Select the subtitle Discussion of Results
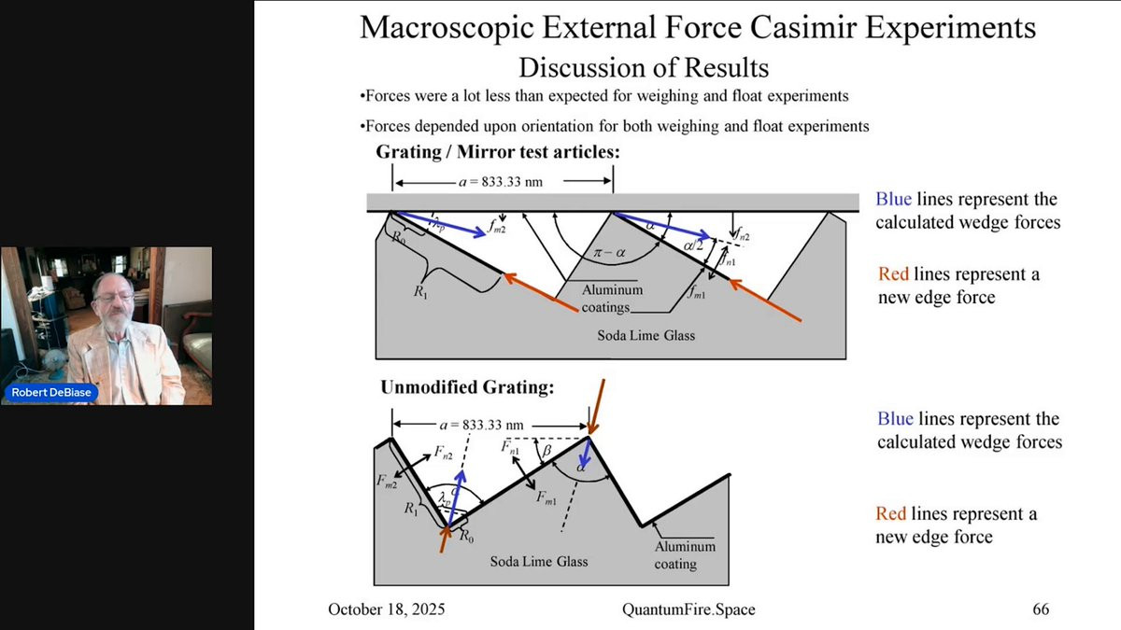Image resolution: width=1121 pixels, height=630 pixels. coord(644,67)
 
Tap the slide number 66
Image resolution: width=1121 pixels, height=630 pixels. coord(1041,609)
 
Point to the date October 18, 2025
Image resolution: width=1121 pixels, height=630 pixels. coord(386,609)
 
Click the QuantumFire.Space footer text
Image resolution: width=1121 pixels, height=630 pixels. coord(688,609)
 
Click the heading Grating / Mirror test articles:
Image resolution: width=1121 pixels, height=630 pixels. coord(499,151)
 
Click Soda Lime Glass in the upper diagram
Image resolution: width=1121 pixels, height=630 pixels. coord(646,335)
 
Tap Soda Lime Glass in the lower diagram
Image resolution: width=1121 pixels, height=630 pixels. coord(539,561)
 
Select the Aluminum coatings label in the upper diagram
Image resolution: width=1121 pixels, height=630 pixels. coord(612,298)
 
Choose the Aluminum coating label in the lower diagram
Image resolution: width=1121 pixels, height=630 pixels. coord(685,555)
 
